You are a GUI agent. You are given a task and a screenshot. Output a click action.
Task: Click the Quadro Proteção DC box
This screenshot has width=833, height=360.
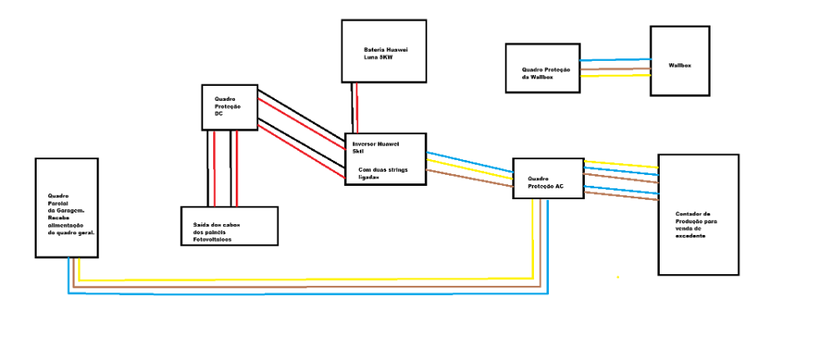[x=230, y=106]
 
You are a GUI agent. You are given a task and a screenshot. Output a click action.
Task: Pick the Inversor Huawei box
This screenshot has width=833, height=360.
[x=385, y=158]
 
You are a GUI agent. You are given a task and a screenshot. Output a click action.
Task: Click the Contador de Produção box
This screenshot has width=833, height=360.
[x=698, y=214]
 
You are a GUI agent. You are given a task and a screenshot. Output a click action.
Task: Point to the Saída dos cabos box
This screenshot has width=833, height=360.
[x=229, y=225]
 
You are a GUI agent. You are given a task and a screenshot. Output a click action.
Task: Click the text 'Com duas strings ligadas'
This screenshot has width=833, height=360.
[x=380, y=173]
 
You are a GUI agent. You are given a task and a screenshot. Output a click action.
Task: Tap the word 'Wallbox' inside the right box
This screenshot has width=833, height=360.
[x=680, y=65]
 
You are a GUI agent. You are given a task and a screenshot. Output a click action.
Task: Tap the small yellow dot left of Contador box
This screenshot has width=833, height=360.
[x=617, y=277]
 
